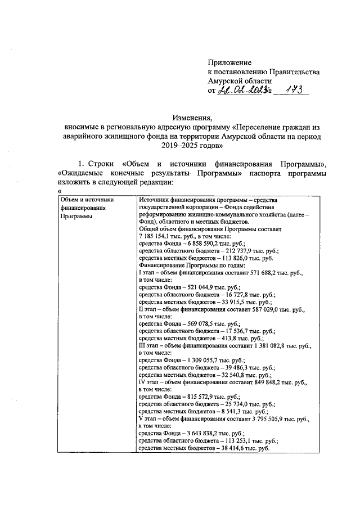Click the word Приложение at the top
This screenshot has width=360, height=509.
point(229,62)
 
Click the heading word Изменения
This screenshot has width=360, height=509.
point(193,118)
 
